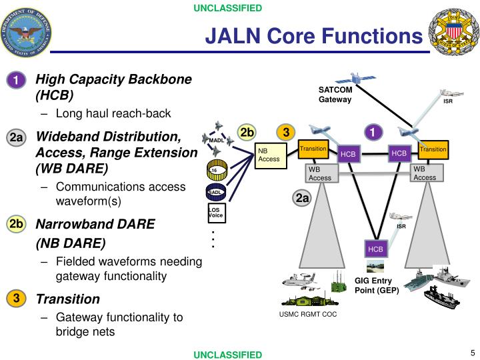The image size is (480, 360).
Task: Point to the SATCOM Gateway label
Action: (335, 95)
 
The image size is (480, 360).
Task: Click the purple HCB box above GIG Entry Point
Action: (375, 249)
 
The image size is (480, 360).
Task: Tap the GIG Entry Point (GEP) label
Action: (376, 285)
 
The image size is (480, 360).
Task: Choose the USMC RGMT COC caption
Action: (307, 314)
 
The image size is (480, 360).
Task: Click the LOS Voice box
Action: (215, 213)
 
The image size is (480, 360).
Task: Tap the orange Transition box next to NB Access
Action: (313, 149)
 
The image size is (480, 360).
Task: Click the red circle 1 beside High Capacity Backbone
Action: (15, 81)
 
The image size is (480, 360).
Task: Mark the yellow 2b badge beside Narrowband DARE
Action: (16, 225)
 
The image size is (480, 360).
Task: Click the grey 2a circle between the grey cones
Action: (302, 198)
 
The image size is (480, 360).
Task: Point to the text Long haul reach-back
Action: (113, 113)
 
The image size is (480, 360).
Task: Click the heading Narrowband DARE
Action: (95, 224)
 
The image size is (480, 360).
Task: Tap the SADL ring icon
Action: (215, 192)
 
